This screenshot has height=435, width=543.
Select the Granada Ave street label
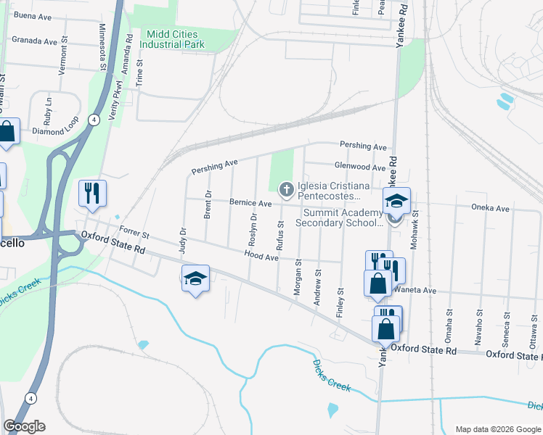34,42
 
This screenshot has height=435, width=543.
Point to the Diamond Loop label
54,131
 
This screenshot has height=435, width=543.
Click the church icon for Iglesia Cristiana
287,190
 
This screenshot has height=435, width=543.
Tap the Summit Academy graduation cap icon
397,200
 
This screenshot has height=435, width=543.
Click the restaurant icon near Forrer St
92,192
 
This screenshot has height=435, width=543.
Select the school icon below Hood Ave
195,278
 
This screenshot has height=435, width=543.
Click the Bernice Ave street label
250,203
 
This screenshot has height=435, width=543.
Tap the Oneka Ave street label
492,208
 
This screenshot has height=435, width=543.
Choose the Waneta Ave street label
416,290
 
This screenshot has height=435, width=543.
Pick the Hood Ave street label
262,257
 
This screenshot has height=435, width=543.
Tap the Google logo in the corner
24,426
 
